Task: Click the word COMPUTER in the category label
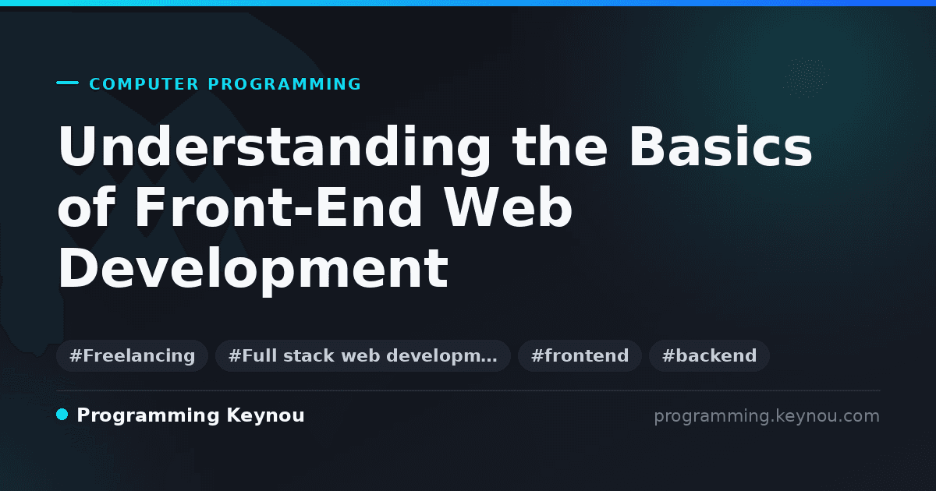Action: click(144, 84)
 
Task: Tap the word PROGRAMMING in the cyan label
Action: click(284, 84)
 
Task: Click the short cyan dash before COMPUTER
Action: click(67, 83)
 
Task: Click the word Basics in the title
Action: click(721, 147)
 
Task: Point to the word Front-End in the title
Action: click(278, 207)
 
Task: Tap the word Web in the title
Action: click(508, 207)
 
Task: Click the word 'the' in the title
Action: click(560, 146)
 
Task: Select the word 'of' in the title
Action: click(87, 207)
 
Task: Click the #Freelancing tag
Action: click(132, 355)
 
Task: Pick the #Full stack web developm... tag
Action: click(363, 355)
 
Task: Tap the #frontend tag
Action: click(580, 355)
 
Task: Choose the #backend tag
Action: click(709, 355)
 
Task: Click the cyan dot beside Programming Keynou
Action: click(62, 415)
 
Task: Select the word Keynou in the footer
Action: click(265, 416)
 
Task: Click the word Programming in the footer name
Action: click(148, 416)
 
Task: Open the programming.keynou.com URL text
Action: click(767, 416)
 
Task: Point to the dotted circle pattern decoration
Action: click(806, 78)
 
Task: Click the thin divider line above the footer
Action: click(468, 390)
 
